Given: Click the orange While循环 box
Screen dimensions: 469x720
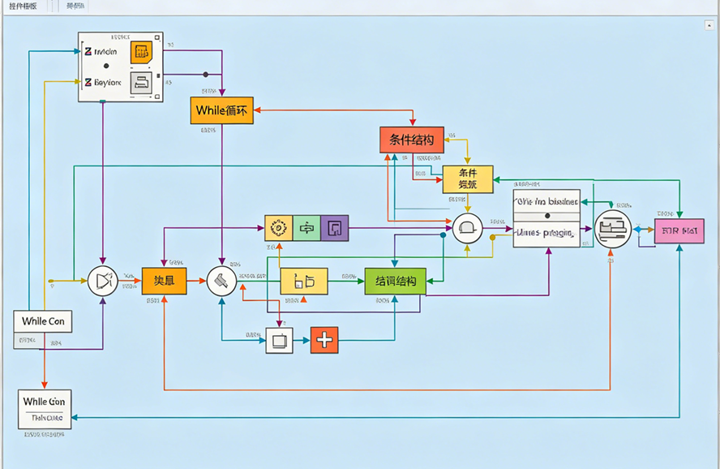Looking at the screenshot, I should click(x=221, y=110).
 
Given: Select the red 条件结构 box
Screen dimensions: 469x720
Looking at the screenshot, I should click(x=412, y=140).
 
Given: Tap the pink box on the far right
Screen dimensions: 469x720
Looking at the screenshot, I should click(x=679, y=231).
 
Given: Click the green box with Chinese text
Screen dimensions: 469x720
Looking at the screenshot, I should click(x=395, y=281).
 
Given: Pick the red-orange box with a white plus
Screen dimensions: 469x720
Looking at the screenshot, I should click(x=324, y=340).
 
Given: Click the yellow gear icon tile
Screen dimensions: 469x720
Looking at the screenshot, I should click(x=278, y=228).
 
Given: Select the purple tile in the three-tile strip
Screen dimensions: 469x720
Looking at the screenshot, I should click(x=334, y=228).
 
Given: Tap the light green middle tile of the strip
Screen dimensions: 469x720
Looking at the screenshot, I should click(x=306, y=228).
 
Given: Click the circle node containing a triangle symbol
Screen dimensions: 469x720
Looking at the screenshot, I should click(x=102, y=281).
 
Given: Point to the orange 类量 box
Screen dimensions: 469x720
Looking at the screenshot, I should click(x=164, y=281).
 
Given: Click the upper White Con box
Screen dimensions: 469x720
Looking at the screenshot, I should click(x=43, y=321).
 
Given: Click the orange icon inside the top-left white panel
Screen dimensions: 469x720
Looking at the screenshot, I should click(x=141, y=53).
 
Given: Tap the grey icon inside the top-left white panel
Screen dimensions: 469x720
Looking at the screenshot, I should click(x=141, y=81).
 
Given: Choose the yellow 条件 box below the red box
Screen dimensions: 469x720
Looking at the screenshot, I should click(x=467, y=179).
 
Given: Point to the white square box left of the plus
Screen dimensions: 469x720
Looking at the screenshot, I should click(x=279, y=340).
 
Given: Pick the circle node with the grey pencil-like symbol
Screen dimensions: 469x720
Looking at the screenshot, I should click(x=221, y=281).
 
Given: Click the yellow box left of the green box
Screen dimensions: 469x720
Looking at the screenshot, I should click(x=304, y=281).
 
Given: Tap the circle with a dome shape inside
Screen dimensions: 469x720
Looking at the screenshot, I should click(x=467, y=229).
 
